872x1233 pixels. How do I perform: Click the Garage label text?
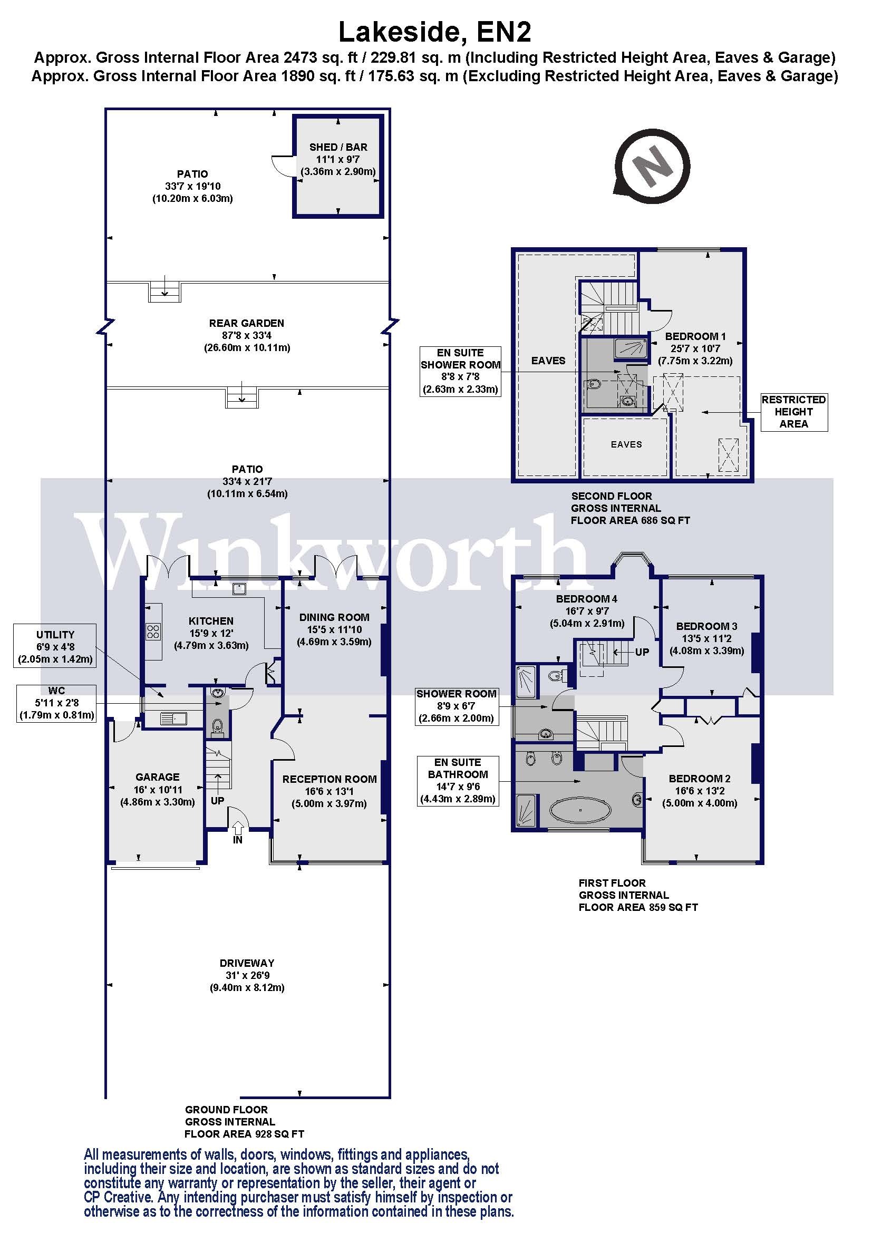point(157,776)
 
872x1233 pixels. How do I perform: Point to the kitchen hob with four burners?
point(153,631)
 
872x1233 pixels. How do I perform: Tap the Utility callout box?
point(55,646)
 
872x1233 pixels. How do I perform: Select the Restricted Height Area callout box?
point(793,411)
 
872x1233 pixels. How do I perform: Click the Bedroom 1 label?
point(695,336)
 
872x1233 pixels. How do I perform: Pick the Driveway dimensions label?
point(247,975)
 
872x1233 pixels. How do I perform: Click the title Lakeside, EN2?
point(434,32)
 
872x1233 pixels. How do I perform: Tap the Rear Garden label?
point(246,323)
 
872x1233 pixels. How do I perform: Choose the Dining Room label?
point(334,617)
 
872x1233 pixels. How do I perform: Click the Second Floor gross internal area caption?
point(629,508)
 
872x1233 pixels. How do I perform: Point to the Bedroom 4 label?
point(586,598)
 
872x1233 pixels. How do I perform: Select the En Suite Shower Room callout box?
point(460,371)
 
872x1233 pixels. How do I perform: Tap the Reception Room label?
point(329,779)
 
